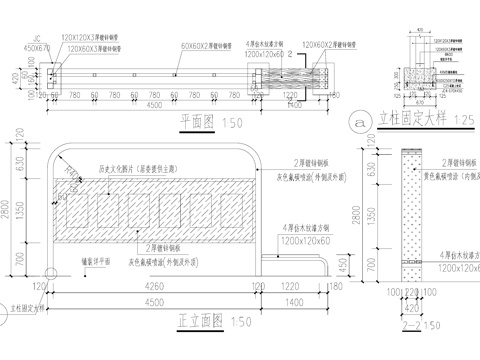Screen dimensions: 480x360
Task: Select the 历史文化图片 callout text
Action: pos(133,169)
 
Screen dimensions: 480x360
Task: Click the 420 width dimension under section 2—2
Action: pos(412,307)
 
